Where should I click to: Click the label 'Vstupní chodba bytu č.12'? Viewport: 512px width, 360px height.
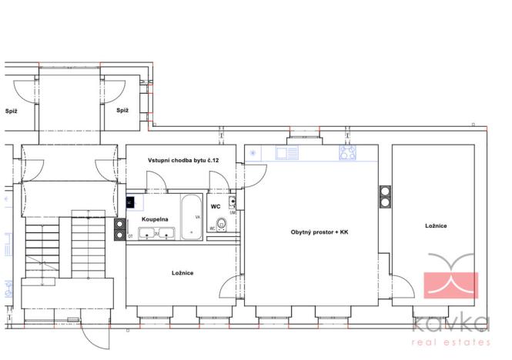181,160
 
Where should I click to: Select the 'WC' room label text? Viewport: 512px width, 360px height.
216,206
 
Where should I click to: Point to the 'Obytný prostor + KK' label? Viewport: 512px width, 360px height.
320,232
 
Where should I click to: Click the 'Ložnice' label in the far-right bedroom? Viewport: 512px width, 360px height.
436,225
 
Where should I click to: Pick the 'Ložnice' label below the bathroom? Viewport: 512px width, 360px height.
182,273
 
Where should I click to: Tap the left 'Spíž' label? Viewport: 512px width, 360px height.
11,111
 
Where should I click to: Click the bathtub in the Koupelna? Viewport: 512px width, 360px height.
191,218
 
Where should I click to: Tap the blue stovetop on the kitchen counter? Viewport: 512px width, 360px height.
347,153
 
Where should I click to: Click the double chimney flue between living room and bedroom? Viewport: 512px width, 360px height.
384,197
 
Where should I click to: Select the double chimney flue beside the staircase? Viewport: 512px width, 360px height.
120,228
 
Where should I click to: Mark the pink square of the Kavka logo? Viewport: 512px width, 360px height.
451,285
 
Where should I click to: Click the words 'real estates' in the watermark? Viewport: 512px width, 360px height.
451,342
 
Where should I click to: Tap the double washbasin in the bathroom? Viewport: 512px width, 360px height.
157,233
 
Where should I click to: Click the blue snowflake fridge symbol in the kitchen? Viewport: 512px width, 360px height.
253,153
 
